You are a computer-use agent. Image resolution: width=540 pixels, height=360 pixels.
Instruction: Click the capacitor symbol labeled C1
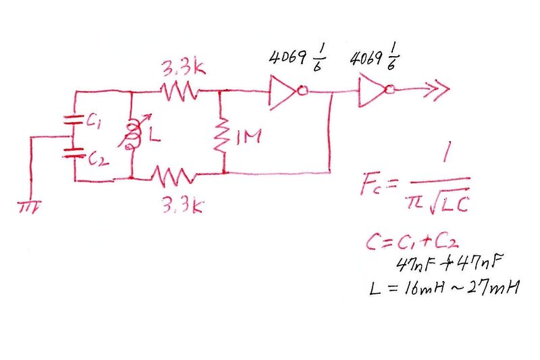tap(73, 122)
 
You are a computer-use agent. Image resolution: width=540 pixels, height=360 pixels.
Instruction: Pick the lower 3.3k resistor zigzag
tap(175, 177)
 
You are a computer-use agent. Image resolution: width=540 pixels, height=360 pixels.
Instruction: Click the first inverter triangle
tap(283, 93)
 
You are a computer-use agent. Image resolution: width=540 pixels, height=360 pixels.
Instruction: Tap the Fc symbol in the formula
tap(377, 184)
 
